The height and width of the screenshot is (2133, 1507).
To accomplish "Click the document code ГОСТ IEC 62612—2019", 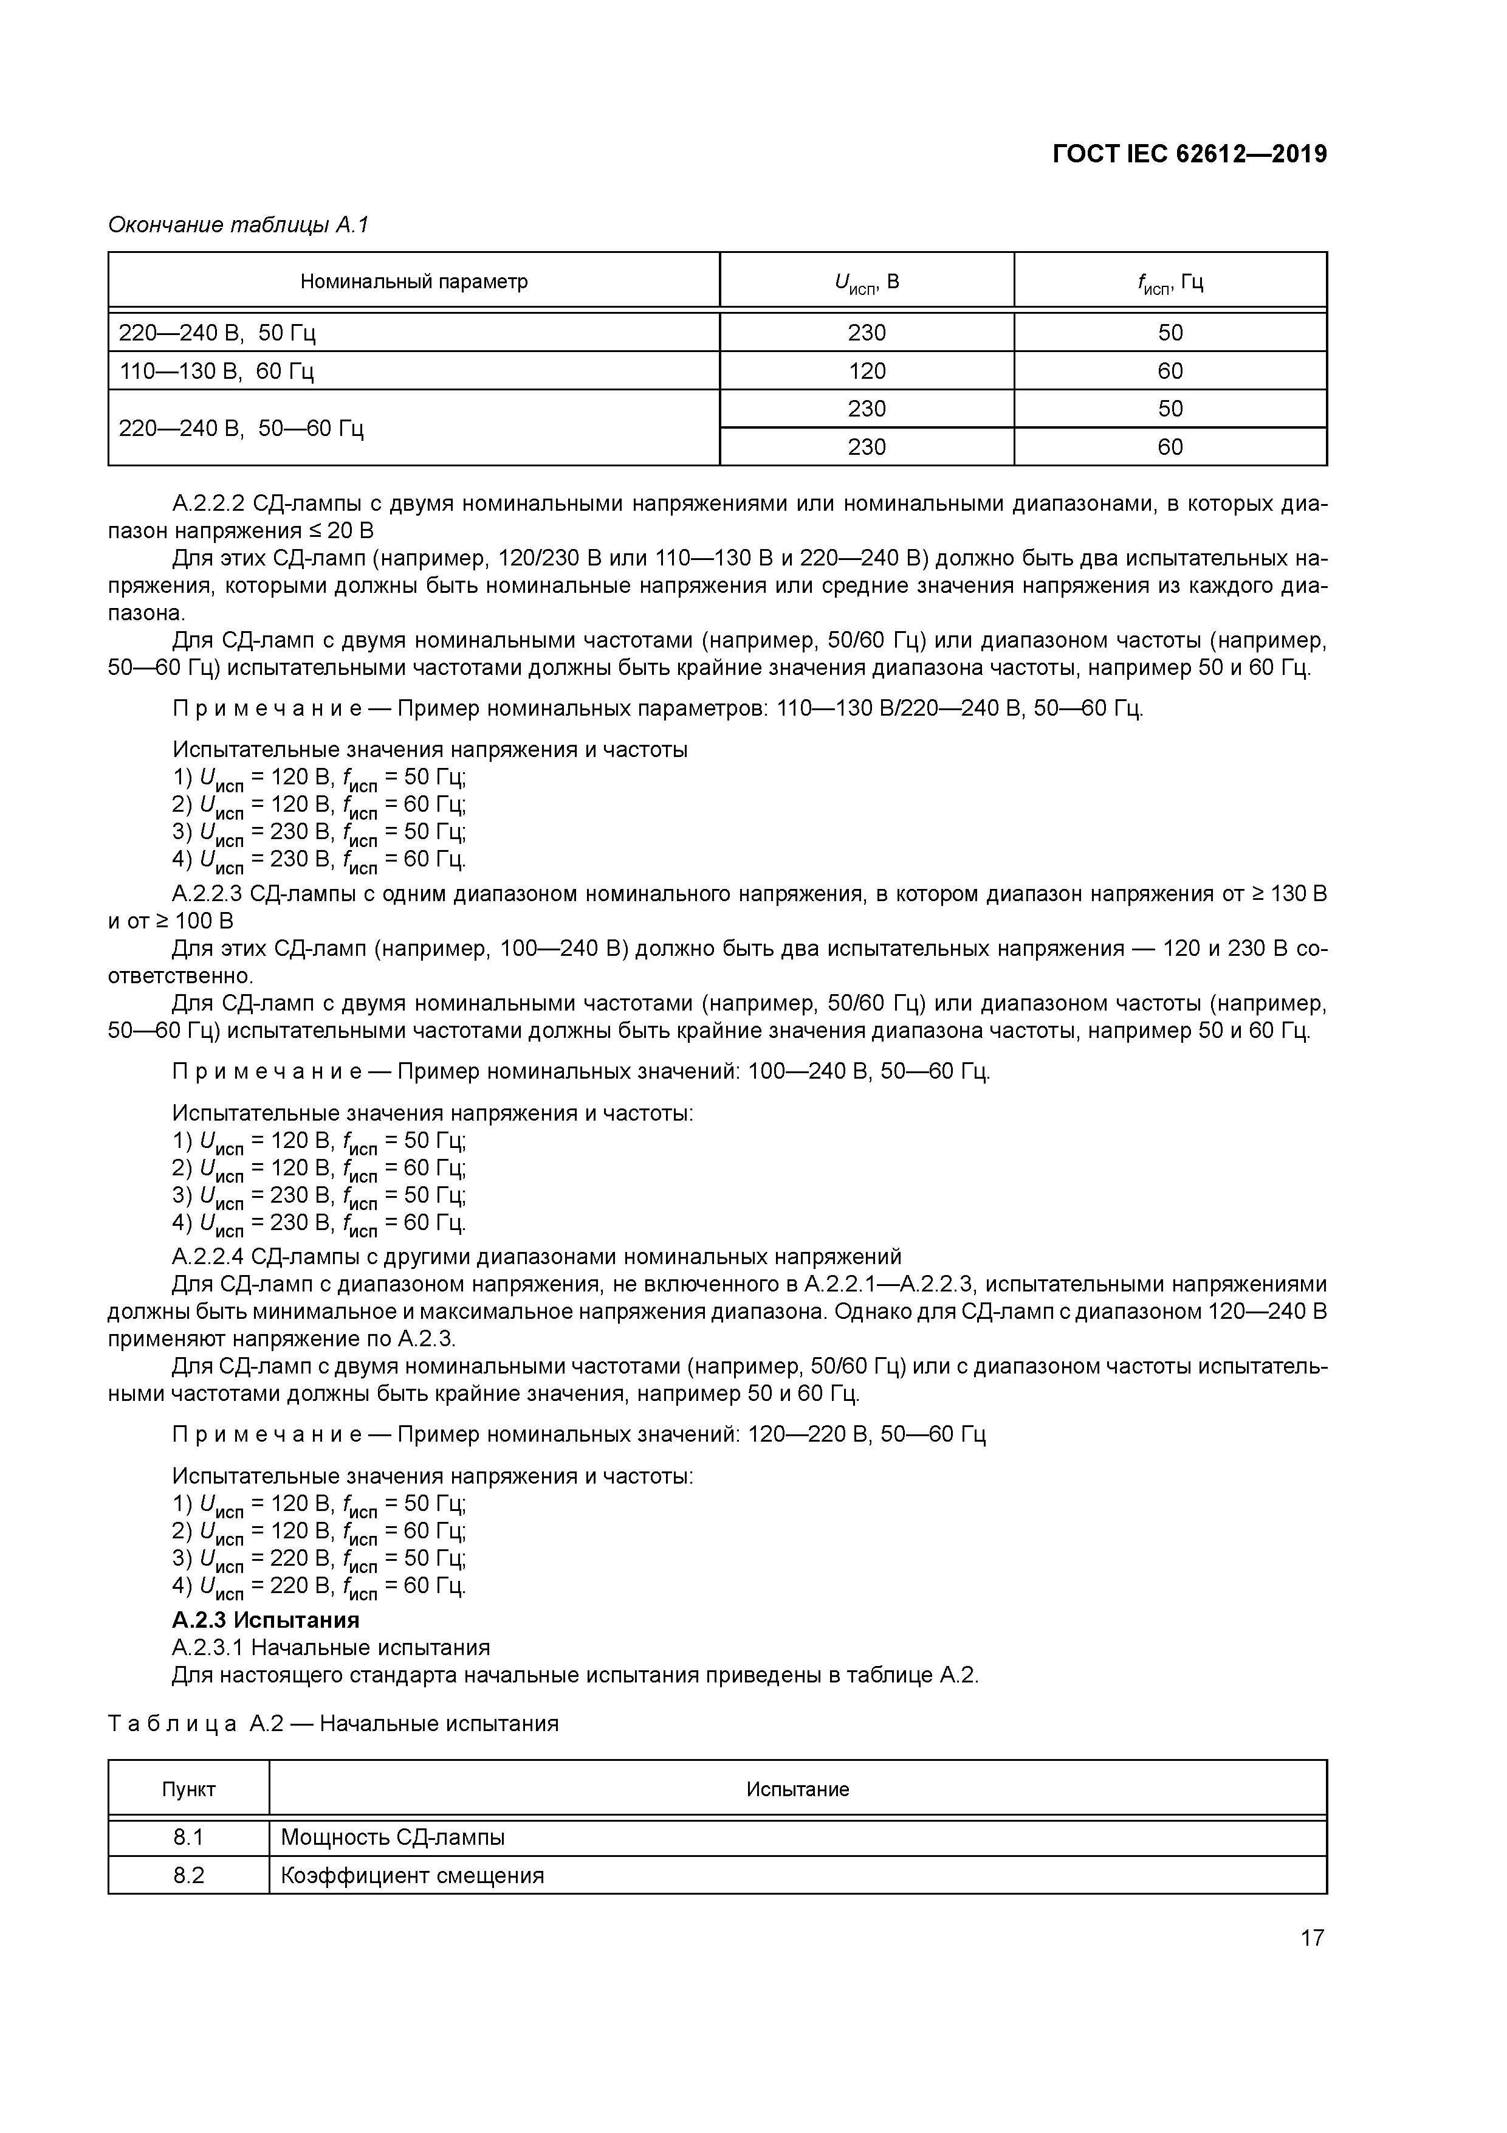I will tap(1189, 154).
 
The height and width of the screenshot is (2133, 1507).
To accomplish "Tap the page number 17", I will tap(1311, 1938).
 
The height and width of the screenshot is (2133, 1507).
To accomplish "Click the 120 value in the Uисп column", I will tap(867, 372).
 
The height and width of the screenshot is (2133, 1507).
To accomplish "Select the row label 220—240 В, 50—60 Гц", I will tap(241, 428).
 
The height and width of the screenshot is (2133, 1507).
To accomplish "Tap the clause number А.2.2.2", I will tap(207, 505).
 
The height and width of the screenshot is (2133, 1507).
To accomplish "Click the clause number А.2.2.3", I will tap(207, 894).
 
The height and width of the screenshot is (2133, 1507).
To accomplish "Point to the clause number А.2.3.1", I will tap(207, 1648).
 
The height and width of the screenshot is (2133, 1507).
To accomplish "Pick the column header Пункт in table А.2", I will tap(188, 1790).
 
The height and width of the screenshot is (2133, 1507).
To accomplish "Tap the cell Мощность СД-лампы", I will tap(393, 1837).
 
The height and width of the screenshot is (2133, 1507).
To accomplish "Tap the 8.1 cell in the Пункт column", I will tap(188, 1837).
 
